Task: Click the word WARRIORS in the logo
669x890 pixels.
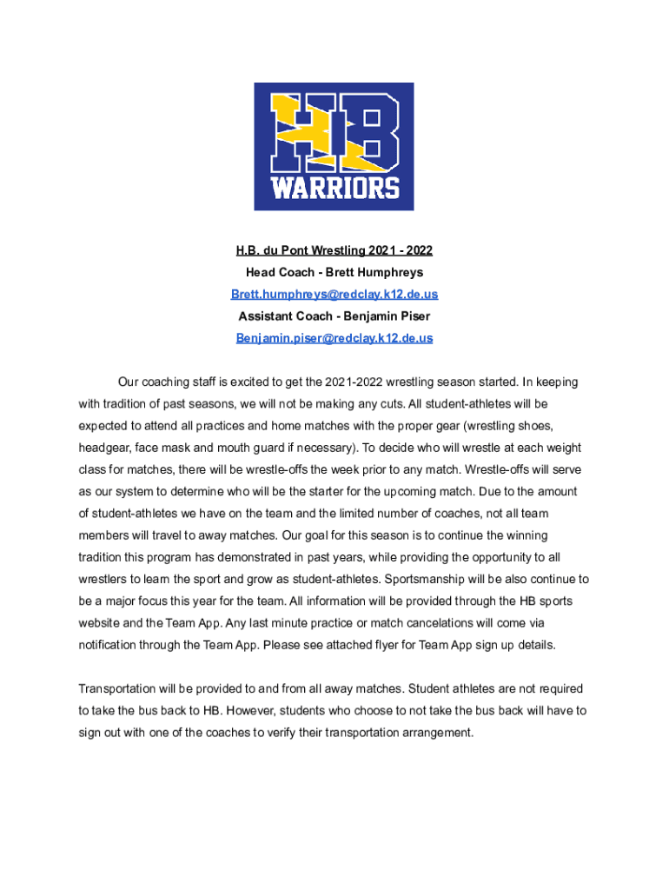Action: [x=334, y=188]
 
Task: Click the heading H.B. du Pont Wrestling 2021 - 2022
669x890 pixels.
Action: [x=334, y=251]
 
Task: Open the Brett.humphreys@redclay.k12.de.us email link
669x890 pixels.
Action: [x=334, y=295]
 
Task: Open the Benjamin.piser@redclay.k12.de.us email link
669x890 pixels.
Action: [x=334, y=338]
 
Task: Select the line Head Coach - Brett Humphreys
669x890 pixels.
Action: [x=334, y=273]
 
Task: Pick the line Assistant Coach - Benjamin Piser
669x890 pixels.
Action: [x=334, y=316]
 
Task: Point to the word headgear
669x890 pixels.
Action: [x=103, y=448]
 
